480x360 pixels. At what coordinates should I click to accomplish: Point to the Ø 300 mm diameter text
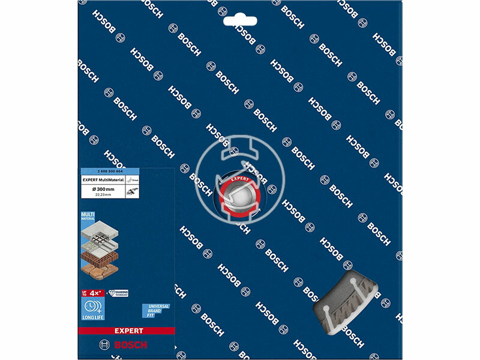point(99,188)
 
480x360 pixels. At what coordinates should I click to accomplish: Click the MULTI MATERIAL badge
point(88,217)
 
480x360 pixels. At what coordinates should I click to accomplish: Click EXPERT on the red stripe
point(126,331)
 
